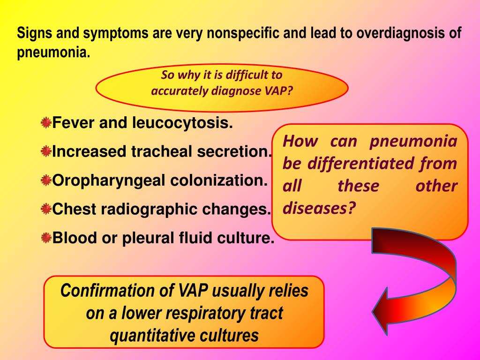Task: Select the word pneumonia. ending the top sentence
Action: tap(53, 52)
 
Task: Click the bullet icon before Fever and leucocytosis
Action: tap(45, 123)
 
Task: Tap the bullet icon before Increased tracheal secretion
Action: tap(45, 152)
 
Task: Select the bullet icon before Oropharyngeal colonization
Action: tap(45, 180)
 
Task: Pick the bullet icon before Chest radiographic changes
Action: tap(45, 209)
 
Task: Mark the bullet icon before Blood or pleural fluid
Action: tap(45, 238)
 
